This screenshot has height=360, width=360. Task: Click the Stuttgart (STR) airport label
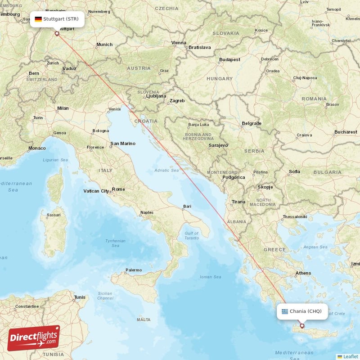coord(60,19)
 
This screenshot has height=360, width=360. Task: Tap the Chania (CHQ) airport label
coord(306,311)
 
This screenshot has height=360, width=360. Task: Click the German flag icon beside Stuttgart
coord(38,19)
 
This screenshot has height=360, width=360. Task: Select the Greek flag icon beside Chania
coord(285,311)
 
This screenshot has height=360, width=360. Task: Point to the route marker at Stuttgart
coord(57,33)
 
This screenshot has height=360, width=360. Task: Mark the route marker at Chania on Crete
coord(302,326)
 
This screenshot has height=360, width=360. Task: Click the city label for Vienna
coord(179,43)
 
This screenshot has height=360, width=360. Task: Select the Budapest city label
coord(229,59)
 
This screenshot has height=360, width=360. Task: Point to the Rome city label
coord(118,189)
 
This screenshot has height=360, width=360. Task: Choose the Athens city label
coord(303,273)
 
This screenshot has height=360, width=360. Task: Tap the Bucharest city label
coord(346,132)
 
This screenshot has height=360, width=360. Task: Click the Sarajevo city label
coord(218,145)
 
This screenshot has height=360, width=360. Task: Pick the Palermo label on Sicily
coord(134,270)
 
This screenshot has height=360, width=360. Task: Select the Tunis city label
coord(80,297)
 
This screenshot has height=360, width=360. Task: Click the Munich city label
coord(104,45)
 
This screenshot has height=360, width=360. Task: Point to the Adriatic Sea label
coord(166,170)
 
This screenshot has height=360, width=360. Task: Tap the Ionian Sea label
coord(211,277)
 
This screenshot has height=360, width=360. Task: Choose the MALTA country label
coord(144,319)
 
